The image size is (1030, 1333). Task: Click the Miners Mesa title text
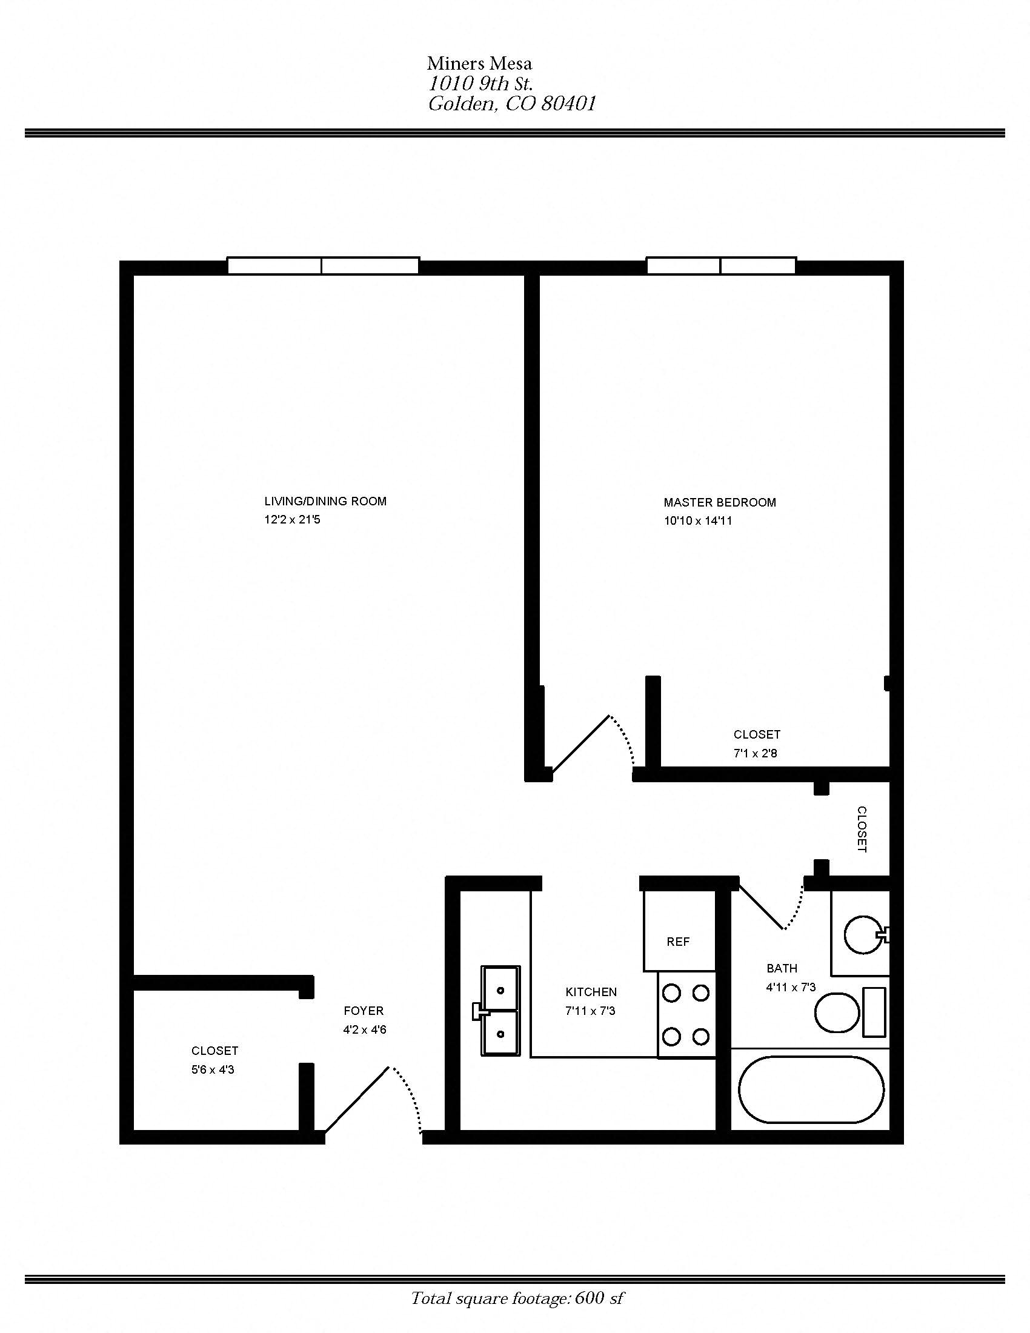[x=479, y=64]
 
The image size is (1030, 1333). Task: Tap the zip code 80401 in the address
[x=568, y=104]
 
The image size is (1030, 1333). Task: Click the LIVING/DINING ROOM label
[x=325, y=501]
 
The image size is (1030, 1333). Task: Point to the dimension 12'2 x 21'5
[x=292, y=520]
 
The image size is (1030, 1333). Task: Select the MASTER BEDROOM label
[x=719, y=502]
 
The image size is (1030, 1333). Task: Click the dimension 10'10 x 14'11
[x=697, y=521]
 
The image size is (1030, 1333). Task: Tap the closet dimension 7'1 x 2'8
[x=756, y=753]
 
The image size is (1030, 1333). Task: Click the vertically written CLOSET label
[x=862, y=829]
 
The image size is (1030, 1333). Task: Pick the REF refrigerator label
[x=678, y=942]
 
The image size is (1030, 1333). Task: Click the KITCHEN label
[x=591, y=992]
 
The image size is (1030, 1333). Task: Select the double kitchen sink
[x=500, y=1010]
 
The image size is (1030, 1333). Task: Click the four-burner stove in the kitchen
[x=686, y=1014]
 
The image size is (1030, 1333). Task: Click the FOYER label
[x=364, y=1011]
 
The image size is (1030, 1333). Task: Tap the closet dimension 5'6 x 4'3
[x=212, y=1069]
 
